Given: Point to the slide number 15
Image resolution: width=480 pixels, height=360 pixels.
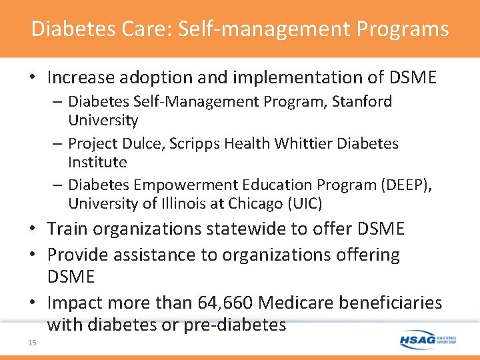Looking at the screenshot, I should (32, 343).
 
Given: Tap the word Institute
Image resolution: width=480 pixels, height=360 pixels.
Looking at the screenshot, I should (97, 162).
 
